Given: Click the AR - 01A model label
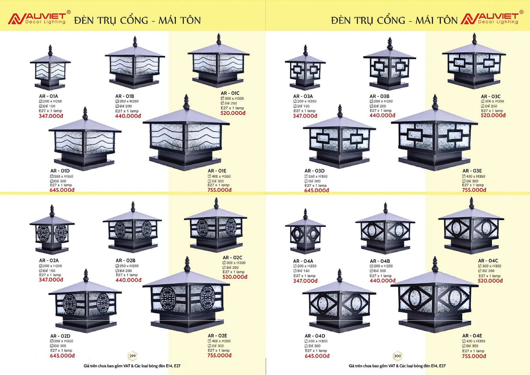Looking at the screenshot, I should tap(48, 96).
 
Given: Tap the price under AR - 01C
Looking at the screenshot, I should tap(233, 113).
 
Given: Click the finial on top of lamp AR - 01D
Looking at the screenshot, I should tap(85, 113).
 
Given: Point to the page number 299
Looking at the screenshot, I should tap(133, 356).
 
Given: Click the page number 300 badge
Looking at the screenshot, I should tap(397, 356).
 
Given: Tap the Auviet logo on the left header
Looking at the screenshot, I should tap(37, 18).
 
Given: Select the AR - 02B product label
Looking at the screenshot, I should tap(125, 261).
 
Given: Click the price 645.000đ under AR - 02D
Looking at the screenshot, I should tap(62, 356).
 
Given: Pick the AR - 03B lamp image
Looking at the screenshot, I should tap(390, 65).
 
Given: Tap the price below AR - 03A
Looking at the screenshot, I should tap(305, 116).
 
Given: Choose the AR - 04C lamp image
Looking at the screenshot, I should tap(471, 227).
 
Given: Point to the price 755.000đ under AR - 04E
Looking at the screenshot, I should tap(474, 356).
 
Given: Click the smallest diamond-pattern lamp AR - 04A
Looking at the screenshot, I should tap(305, 232).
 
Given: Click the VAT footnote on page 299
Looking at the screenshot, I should tap(132, 366).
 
